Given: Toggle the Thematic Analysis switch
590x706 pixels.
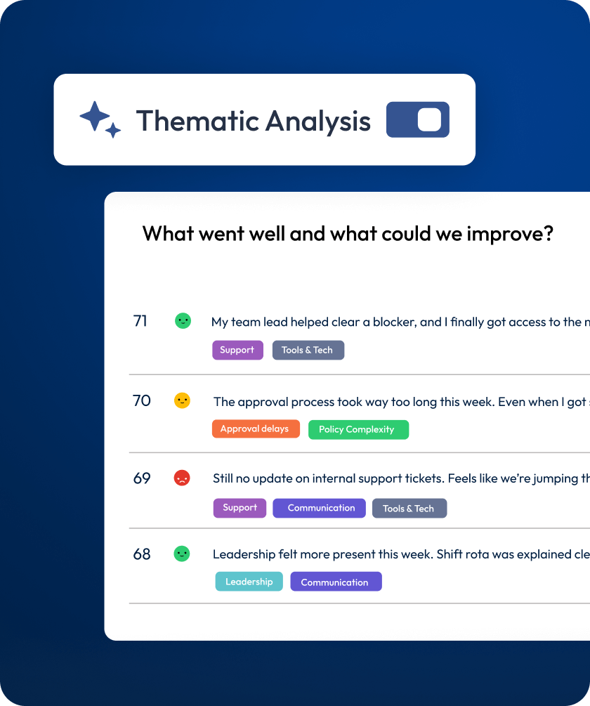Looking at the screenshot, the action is coord(418,119).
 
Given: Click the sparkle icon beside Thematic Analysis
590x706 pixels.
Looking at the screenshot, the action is coord(100,119).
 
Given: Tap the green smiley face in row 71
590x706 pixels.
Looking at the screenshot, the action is coord(183,321).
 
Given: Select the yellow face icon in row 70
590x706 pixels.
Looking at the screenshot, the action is coord(182,400).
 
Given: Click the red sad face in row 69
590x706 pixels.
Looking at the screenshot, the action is coord(182,478).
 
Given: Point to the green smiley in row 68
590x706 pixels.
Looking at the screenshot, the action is coord(182,554).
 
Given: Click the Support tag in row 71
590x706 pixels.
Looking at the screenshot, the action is coord(237,350).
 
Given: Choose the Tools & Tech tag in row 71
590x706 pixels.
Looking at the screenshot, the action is coord(308,350).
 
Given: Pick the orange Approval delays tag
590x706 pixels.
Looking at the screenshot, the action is coord(256,429).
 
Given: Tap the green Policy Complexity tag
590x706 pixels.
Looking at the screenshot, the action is coord(358,429).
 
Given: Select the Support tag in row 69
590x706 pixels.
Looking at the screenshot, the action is coord(240,508).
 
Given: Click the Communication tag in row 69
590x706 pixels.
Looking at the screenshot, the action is coord(319,508).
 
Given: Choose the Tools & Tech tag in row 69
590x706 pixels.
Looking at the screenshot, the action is coord(409,509).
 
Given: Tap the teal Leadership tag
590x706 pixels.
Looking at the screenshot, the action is coord(249,581).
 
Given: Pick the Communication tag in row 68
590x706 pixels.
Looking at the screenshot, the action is coord(336,581).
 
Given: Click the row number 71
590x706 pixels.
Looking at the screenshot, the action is coord(140,321).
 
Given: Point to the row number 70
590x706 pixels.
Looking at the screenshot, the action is coord(141,400).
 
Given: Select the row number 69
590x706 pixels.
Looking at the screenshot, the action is coord(142,478).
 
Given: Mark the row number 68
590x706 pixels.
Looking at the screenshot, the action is coord(142,554).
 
